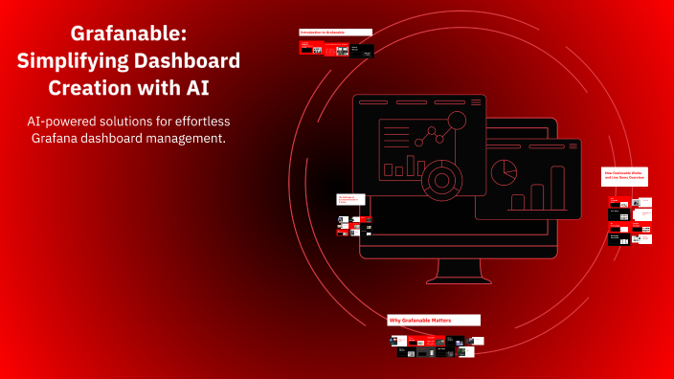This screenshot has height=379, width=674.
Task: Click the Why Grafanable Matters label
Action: [x=433, y=319]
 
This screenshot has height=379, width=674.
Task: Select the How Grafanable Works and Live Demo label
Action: [x=625, y=176]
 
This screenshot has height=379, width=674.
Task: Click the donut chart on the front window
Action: [x=441, y=180]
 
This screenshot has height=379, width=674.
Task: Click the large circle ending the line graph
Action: [x=457, y=121]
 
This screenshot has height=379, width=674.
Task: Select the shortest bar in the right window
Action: [x=518, y=202]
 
